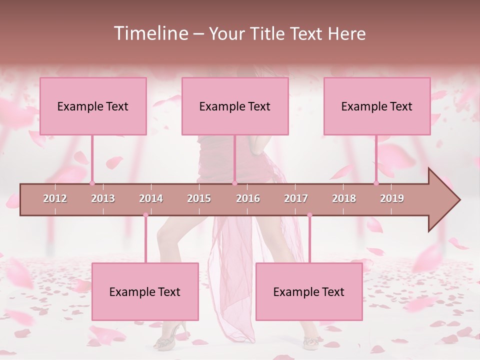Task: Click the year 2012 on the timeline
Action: click(55, 198)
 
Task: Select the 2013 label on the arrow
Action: click(103, 198)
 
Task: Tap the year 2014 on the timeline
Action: click(151, 198)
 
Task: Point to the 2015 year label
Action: click(199, 198)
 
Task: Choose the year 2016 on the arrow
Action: click(248, 198)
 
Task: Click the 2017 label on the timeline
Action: click(296, 198)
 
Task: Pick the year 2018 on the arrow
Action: click(344, 198)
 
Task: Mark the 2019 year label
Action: click(392, 198)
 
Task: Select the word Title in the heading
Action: click(269, 33)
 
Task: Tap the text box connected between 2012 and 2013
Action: click(93, 106)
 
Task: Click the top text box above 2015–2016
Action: click(235, 106)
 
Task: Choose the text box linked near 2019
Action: click(377, 106)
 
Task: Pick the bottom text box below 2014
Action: click(145, 291)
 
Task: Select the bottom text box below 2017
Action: click(309, 291)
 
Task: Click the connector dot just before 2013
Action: click(92, 183)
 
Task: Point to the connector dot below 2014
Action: click(145, 215)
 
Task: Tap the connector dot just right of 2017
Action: click(309, 215)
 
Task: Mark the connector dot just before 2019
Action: click(376, 183)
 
